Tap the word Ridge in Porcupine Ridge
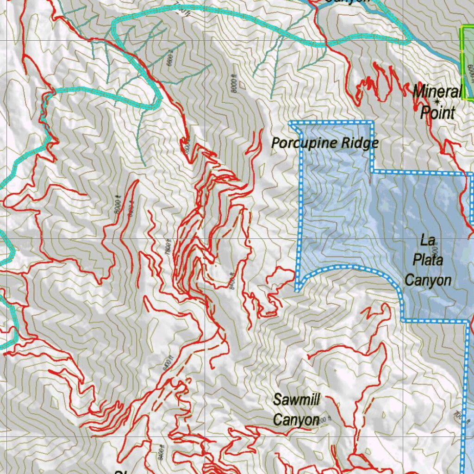click(x=360, y=143)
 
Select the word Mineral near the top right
click(x=437, y=91)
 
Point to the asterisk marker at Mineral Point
click(x=437, y=101)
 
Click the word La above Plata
click(x=427, y=241)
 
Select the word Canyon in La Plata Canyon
click(x=428, y=280)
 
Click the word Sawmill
click(x=296, y=399)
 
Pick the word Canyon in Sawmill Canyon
click(x=296, y=419)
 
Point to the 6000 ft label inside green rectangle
click(x=470, y=74)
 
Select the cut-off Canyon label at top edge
click(x=347, y=2)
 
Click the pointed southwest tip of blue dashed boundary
click(x=297, y=289)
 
